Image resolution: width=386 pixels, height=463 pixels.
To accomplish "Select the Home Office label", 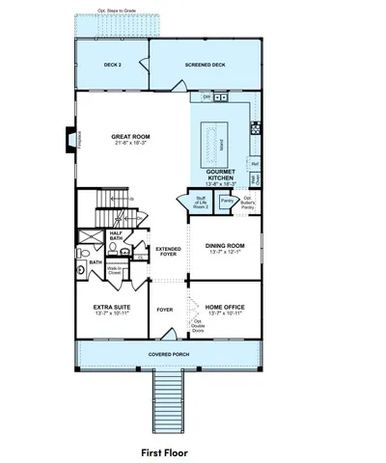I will coord(224,311).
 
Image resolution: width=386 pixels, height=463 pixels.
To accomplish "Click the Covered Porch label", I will coord(168,354).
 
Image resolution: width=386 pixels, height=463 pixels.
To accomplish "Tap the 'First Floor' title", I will coord(165,451).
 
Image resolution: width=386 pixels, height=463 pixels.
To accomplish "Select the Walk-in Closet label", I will coord(114,273).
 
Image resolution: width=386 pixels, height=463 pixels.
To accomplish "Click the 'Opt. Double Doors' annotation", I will coord(200,325).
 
